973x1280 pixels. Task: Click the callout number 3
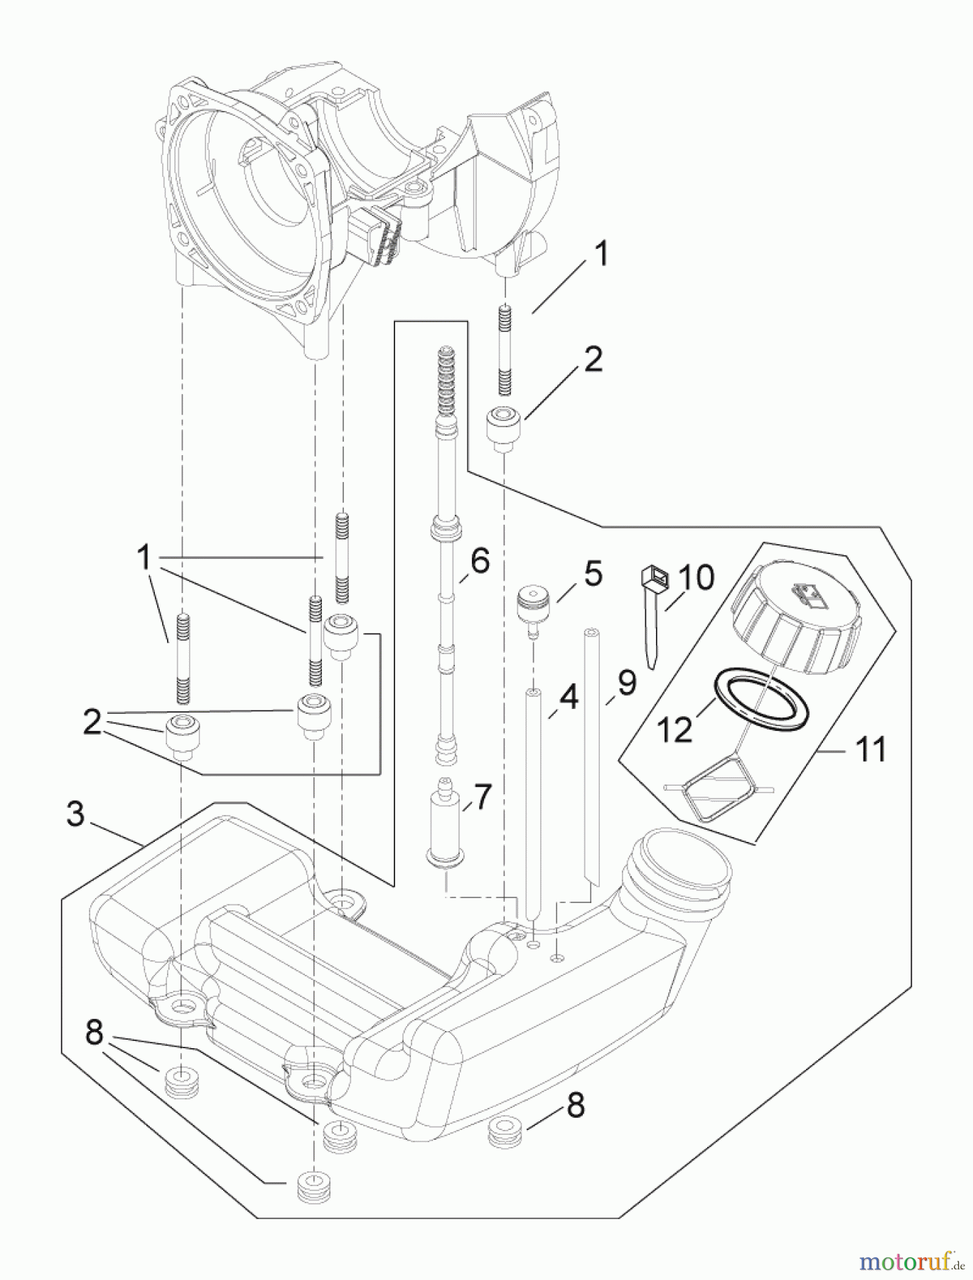pyautogui.click(x=76, y=814)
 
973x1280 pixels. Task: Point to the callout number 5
pyautogui.click(x=593, y=574)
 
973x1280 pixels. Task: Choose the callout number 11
pyautogui.click(x=871, y=750)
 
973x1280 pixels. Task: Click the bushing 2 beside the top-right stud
pyautogui.click(x=504, y=425)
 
